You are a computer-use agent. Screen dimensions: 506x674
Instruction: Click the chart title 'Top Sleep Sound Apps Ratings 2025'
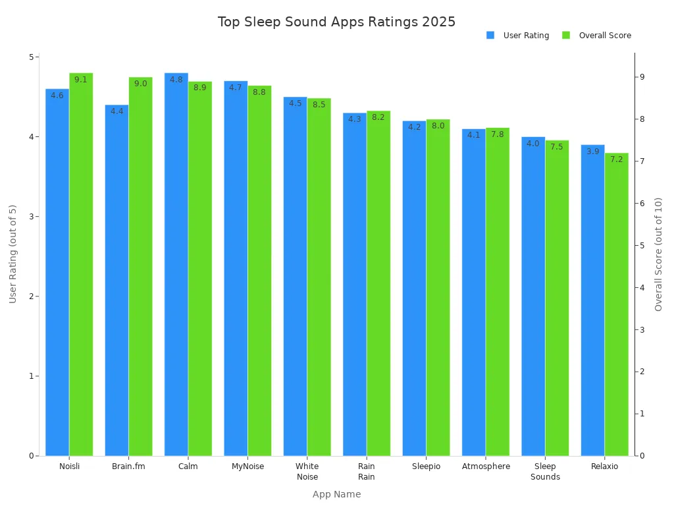point(336,22)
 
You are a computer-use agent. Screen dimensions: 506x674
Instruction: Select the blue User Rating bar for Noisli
point(57,277)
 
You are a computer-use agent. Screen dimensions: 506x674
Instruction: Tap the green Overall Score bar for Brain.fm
point(140,270)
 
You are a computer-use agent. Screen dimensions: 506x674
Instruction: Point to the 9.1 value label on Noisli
point(81,80)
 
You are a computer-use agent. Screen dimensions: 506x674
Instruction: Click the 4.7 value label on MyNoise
point(236,88)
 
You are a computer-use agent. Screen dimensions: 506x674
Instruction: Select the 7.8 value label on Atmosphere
point(498,134)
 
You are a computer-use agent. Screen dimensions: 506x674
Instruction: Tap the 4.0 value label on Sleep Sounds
point(533,144)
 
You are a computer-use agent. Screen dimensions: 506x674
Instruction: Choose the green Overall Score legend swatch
point(565,36)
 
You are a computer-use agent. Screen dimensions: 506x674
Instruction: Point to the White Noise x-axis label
point(307,472)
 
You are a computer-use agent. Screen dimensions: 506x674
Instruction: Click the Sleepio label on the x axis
point(426,466)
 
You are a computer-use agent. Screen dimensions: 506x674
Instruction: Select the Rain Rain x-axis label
point(366,472)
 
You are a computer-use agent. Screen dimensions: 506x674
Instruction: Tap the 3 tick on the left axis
point(30,217)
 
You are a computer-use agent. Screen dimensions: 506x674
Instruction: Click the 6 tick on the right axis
point(642,204)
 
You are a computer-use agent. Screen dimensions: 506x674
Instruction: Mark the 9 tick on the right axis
point(642,77)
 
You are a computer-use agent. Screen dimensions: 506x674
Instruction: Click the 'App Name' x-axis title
point(336,494)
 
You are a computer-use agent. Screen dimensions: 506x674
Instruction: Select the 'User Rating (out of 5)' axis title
point(13,254)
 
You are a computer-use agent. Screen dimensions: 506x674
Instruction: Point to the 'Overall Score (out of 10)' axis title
point(658,254)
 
